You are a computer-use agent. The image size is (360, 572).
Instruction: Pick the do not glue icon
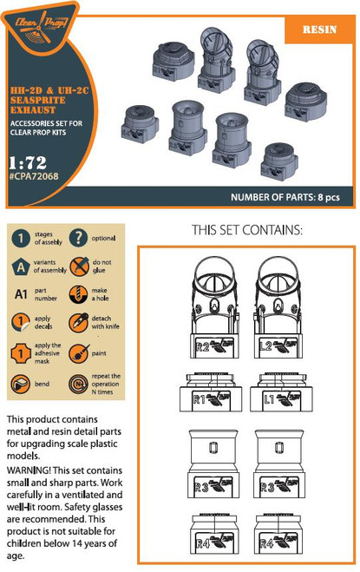pos(77,266)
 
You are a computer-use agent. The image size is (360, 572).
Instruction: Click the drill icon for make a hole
pos(77,295)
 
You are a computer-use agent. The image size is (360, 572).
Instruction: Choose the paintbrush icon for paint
pos(77,353)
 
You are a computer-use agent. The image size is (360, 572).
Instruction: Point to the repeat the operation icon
pos(77,383)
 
